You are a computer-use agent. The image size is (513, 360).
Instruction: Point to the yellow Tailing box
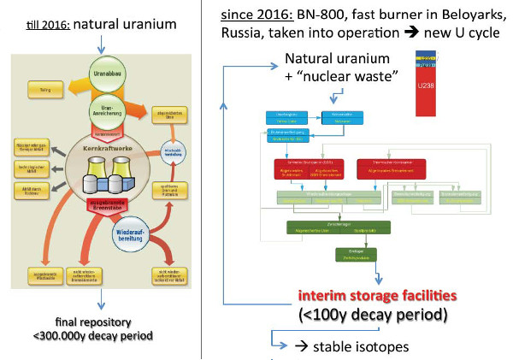[x=41, y=87]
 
